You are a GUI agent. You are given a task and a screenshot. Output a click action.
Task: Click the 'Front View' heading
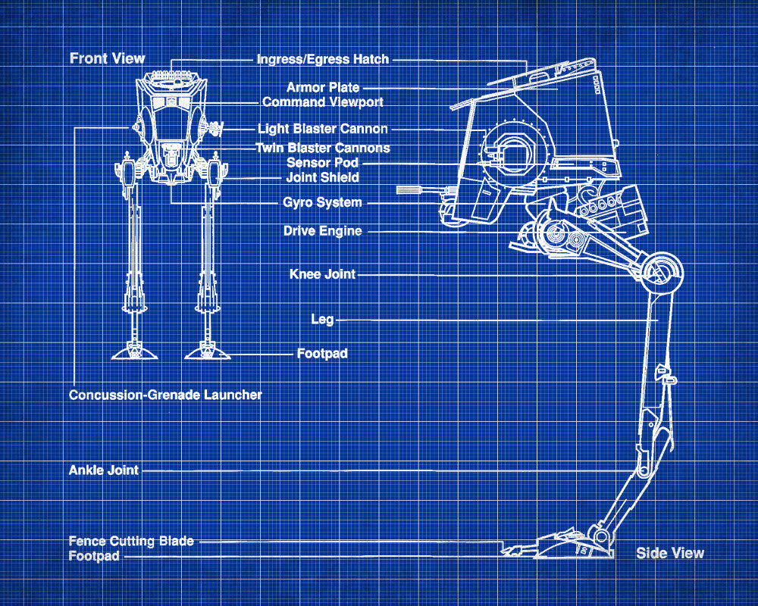107,58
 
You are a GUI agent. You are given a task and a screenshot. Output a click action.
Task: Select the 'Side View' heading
669,553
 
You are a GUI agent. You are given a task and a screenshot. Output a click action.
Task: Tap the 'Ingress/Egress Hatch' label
322,59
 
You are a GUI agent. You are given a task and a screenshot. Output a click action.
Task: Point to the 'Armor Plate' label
323,88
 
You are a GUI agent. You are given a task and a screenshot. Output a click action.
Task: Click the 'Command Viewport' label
322,102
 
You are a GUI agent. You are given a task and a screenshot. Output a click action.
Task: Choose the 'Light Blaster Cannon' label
322,129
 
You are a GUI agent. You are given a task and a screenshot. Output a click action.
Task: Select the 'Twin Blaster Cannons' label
322,148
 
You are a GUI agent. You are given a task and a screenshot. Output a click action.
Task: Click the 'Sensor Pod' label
322,163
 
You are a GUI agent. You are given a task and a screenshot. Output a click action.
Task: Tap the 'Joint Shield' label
322,177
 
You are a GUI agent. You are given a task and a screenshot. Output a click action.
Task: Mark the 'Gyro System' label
322,202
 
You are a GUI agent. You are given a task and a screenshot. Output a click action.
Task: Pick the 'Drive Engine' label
322,231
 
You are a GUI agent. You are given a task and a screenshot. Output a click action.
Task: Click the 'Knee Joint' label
322,273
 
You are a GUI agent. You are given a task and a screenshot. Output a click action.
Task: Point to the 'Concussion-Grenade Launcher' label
165,395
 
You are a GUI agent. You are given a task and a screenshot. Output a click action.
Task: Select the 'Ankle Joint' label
104,470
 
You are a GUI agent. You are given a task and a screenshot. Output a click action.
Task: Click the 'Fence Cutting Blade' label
131,541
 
